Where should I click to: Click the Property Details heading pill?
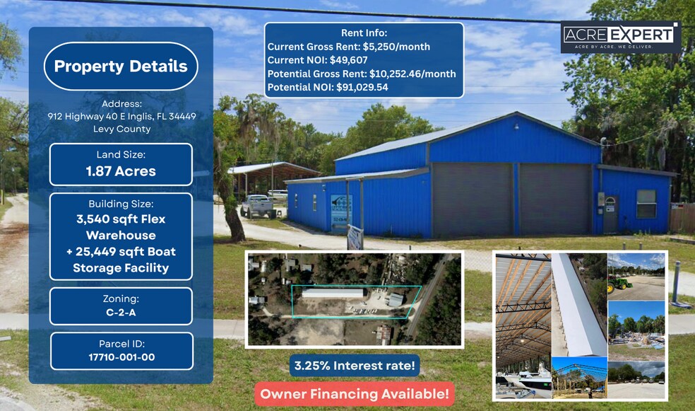[121, 66]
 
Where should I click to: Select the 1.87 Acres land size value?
[121, 171]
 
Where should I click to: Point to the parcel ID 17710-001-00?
[121, 357]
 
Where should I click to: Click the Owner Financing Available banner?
[354, 394]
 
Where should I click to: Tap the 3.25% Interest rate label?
[354, 366]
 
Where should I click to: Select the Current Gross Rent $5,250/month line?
[349, 47]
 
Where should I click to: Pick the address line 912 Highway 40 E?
[121, 116]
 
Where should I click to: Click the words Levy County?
[121, 129]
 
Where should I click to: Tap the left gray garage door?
[473, 199]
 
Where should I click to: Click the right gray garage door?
[555, 199]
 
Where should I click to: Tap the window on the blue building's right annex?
[646, 204]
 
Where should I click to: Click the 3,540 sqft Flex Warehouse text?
[121, 227]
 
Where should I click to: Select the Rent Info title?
[364, 33]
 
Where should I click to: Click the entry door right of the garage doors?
[610, 214]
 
